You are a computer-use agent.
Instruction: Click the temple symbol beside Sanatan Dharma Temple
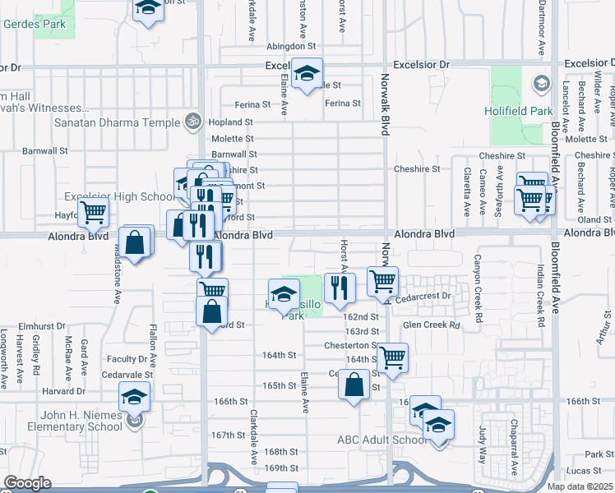tap(193, 122)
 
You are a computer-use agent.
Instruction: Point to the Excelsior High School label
tap(119, 196)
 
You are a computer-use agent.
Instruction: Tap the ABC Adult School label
tap(381, 440)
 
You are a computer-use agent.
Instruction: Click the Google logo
tap(27, 483)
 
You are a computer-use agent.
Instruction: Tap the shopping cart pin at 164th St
tap(393, 357)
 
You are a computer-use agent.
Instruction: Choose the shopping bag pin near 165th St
tap(354, 385)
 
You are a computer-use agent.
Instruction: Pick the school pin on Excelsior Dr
tap(307, 74)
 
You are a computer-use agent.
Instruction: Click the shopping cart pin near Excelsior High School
tap(94, 213)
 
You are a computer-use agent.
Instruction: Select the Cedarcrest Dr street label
tap(423, 297)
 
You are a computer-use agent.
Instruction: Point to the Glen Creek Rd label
tap(432, 325)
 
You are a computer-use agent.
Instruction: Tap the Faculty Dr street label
tap(127, 359)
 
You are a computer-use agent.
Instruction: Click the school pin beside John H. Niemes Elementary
tap(134, 397)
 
